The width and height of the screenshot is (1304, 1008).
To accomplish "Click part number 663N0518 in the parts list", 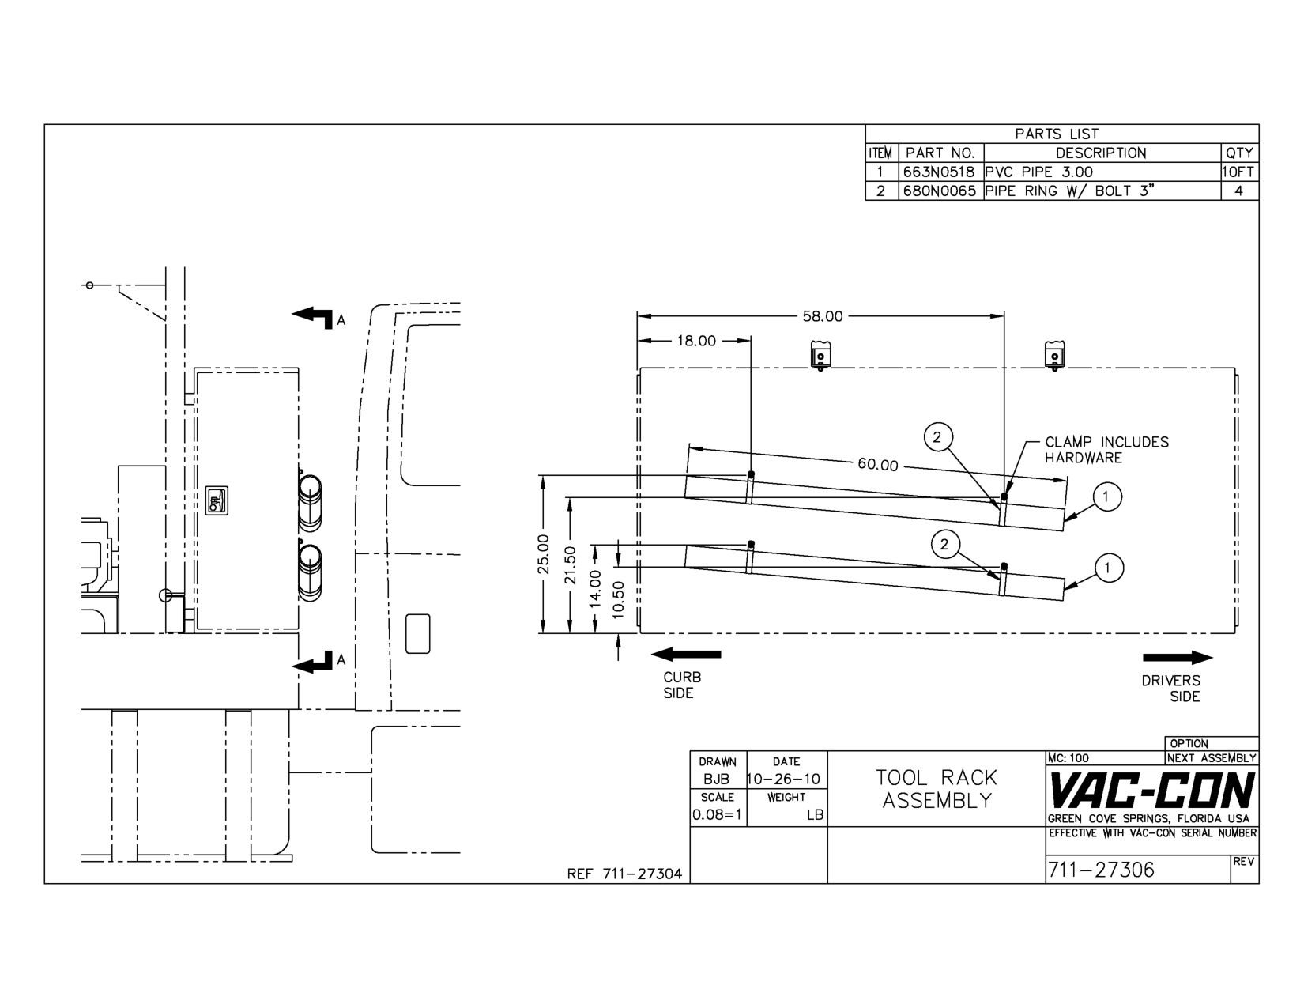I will (940, 172).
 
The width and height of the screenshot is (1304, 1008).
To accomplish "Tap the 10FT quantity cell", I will (1238, 172).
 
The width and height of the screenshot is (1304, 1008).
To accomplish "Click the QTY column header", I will (1238, 153).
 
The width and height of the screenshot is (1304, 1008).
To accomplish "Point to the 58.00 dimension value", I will (823, 316).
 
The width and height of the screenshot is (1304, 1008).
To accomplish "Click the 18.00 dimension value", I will (696, 341).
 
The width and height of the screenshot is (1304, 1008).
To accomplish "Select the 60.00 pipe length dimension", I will (878, 465).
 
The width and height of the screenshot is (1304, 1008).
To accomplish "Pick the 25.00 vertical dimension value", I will (543, 554).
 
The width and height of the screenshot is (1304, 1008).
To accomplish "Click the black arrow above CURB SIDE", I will (685, 654).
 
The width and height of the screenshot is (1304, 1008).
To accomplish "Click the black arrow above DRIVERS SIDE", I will (1178, 658).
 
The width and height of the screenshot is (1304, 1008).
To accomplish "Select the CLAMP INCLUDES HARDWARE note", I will (1106, 450).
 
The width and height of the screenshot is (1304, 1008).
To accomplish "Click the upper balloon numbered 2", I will (938, 436).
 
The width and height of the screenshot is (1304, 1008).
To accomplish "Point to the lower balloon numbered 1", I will (1108, 568).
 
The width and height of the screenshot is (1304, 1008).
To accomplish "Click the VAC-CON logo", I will (1151, 791).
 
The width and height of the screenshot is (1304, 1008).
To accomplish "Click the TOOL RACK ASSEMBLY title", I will (937, 789).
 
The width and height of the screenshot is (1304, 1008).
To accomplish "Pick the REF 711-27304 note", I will (624, 874).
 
